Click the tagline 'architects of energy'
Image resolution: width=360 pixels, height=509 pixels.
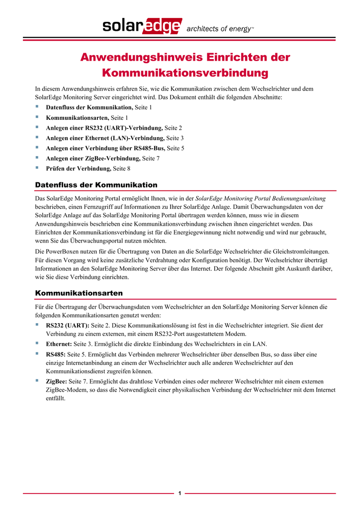tap(219, 29)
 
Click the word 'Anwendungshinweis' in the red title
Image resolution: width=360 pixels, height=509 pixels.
tap(136, 57)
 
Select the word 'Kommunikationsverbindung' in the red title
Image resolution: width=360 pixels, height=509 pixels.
tap(185, 73)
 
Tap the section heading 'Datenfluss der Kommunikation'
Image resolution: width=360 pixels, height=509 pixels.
tap(96, 185)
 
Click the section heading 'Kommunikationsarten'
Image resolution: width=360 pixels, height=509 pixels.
tap(79, 293)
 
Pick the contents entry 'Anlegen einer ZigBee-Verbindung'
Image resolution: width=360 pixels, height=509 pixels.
tap(93, 158)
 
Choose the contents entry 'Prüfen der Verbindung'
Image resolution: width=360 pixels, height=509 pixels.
tap(79, 169)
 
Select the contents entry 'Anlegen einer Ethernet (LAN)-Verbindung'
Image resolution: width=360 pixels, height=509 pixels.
tap(105, 138)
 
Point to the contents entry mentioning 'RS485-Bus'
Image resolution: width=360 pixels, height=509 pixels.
tap(105, 148)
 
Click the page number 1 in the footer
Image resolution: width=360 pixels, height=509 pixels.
tap(180, 493)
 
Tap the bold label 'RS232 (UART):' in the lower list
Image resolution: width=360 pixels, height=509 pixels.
tap(68, 325)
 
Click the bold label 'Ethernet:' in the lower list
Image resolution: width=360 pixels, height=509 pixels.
tap(59, 344)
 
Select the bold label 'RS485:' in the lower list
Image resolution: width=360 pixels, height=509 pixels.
tap(56, 354)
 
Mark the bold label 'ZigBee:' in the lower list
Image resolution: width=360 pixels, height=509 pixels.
tap(56, 381)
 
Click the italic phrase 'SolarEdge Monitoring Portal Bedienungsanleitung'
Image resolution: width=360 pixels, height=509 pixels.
tap(261, 198)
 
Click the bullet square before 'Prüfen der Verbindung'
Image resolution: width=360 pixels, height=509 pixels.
tap(37, 168)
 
